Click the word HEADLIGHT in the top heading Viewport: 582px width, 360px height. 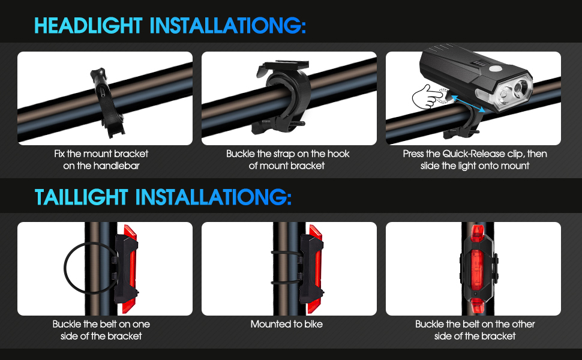coord(88,26)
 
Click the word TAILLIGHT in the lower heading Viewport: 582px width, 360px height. coord(81,197)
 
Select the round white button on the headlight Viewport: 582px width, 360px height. coord(495,68)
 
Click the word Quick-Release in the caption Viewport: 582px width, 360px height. coord(474,154)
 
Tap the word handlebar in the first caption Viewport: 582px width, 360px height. coord(116,166)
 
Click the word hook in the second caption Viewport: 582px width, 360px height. coord(338,154)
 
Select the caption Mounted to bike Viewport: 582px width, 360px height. coord(287,324)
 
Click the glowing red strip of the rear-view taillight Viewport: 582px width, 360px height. coord(477,269)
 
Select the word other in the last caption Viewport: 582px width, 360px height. coord(523,324)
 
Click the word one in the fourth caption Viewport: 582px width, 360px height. coord(141,324)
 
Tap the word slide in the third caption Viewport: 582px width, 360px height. coord(430,166)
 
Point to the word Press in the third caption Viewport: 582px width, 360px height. coord(413,154)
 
